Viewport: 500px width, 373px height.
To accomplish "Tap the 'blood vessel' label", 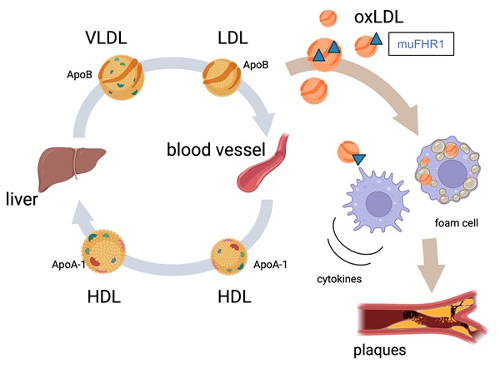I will click(x=215, y=151).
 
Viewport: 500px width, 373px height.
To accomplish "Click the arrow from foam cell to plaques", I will click(x=440, y=256).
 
